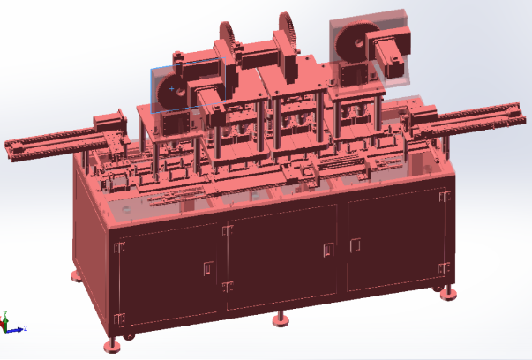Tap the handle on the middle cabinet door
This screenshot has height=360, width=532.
(327, 251)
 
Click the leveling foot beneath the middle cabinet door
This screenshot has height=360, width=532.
(281, 317)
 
